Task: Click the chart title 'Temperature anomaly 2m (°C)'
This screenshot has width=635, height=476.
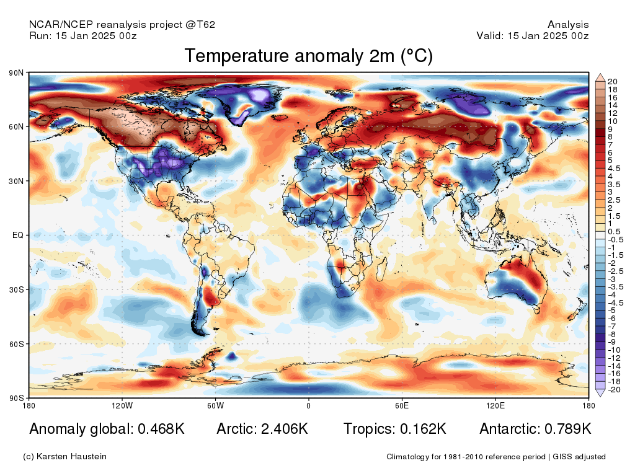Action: coord(309,56)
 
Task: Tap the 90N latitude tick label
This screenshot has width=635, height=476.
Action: coord(16,73)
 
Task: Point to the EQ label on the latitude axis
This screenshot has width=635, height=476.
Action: coord(18,235)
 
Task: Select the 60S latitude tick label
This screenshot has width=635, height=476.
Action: coord(16,344)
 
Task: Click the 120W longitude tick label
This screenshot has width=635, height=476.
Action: coord(122,405)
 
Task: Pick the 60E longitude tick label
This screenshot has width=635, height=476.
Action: coord(402,405)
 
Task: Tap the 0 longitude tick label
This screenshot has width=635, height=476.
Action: coord(309,405)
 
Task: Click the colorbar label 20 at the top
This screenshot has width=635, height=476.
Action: coord(612,82)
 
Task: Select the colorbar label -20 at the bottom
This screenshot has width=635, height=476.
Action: coord(614,390)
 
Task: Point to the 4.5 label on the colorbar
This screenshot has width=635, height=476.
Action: coord(613,169)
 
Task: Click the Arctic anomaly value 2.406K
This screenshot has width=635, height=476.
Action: coord(284,429)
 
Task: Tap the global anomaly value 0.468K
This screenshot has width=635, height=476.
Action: coord(161,429)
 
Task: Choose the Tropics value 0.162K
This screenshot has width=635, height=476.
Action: coord(423,429)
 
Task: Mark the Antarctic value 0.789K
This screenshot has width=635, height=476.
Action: coord(568,429)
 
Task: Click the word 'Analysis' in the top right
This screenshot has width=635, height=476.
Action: coord(568,25)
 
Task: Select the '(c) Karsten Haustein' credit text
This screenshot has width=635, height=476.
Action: coord(64,457)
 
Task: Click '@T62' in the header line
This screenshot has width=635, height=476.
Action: coord(200,25)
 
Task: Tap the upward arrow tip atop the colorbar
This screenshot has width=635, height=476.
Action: coord(600,74)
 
